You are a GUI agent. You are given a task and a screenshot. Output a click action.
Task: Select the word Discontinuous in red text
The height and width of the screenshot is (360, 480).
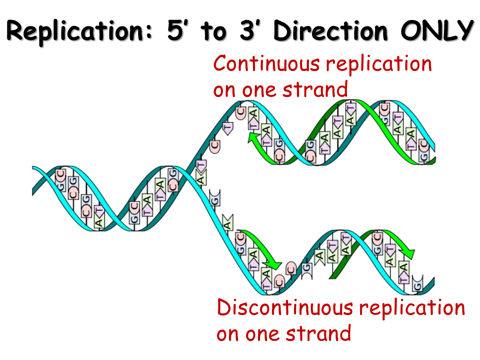282,308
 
